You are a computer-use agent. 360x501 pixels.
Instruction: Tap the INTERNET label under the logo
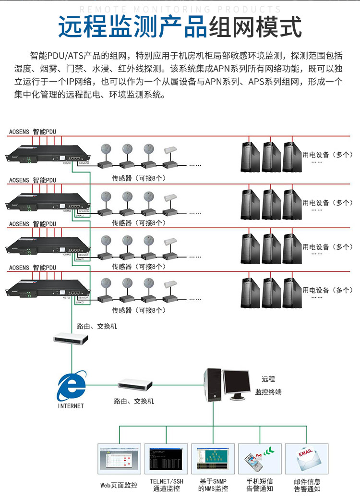[x=71, y=406]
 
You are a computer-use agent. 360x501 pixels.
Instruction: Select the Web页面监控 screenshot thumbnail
[x=119, y=460]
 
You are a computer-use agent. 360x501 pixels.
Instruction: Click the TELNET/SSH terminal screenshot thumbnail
[x=166, y=460]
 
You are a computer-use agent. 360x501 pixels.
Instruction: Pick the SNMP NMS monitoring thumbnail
[x=213, y=460]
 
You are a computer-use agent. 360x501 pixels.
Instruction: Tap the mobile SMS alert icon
[x=260, y=460]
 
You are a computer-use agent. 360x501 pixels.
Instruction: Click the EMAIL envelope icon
[x=307, y=460]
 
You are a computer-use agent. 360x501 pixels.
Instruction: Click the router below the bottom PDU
[x=71, y=339]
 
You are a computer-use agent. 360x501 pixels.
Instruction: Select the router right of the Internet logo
[x=135, y=384]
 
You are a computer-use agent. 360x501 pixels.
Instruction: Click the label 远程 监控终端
[x=268, y=386]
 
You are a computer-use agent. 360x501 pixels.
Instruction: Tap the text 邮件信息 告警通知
[x=307, y=485]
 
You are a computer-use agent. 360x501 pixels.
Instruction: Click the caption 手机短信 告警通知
[x=260, y=485]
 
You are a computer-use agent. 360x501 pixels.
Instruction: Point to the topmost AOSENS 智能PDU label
[x=33, y=132]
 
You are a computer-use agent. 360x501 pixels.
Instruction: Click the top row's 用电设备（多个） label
[x=327, y=155]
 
